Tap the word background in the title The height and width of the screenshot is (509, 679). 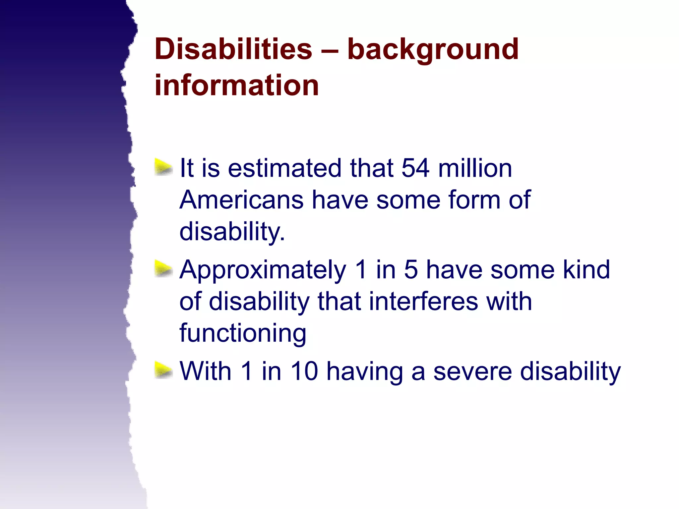tap(433, 50)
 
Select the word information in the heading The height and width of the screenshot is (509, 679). tap(237, 85)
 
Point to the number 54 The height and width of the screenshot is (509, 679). tap(415, 168)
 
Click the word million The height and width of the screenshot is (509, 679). tap(475, 168)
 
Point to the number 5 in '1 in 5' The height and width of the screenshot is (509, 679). tap(411, 269)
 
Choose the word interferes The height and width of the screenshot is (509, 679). tap(423, 301)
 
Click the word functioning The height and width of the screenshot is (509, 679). tap(243, 333)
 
